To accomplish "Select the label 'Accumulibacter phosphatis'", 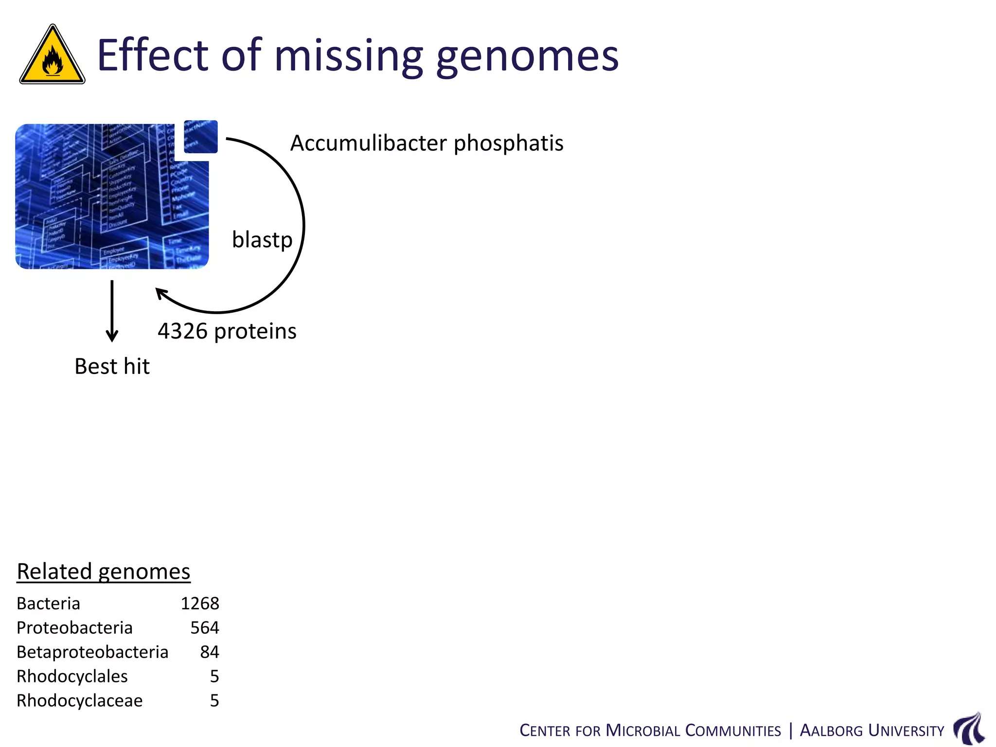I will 427,143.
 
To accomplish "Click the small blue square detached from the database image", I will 201,137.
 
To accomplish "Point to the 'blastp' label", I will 262,240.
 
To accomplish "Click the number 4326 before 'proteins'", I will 182,331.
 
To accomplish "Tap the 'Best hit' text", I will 112,366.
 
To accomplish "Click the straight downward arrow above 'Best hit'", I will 112,311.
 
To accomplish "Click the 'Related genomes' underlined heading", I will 104,571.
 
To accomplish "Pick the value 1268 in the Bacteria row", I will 200,604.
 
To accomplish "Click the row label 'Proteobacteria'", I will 74,628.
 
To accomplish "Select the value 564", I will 205,628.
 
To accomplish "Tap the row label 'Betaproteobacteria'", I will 92,652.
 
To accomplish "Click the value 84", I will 210,652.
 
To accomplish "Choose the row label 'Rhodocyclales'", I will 72,676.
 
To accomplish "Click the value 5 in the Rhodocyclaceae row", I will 214,701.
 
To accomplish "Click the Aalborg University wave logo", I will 969,728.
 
